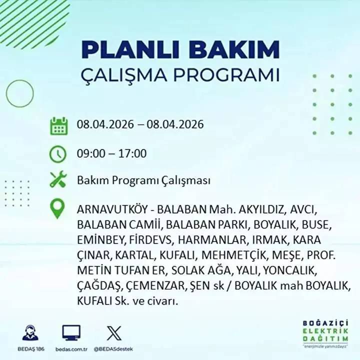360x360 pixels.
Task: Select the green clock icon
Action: (58, 153)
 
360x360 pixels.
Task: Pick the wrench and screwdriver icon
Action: (58, 180)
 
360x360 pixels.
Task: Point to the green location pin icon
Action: (58, 208)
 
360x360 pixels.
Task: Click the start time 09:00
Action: (90, 153)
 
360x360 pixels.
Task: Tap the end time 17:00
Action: (132, 153)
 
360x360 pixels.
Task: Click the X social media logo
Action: (111, 332)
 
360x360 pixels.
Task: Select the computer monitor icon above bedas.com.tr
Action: (71, 332)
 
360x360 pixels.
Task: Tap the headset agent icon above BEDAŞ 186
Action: (31, 332)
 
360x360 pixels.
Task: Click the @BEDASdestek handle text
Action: (111, 348)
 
